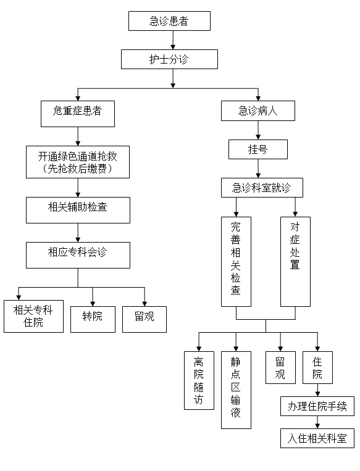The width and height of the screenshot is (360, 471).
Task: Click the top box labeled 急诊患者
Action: point(169,21)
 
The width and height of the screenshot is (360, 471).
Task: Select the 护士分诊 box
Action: point(169,59)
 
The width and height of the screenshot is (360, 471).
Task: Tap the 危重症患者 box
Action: point(78,114)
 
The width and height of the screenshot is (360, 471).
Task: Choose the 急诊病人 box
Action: point(258,111)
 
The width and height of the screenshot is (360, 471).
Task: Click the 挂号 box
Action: point(258,149)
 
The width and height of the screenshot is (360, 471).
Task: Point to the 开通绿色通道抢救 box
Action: point(78,162)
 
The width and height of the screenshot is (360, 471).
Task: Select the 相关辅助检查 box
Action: point(78,210)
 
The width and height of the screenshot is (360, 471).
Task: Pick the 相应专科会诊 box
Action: point(78,255)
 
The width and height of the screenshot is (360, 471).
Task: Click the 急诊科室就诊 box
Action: point(262,188)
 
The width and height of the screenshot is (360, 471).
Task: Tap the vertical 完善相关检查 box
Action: point(237,262)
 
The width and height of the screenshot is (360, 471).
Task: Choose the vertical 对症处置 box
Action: point(295,262)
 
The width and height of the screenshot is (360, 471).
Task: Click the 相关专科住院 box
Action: point(34,316)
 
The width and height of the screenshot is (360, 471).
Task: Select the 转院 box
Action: point(93,319)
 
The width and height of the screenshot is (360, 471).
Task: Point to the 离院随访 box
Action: point(199,381)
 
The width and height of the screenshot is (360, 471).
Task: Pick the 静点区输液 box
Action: point(237,390)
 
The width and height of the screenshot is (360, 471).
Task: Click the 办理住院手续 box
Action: point(317,406)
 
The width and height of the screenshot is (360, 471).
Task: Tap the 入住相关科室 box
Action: point(317,438)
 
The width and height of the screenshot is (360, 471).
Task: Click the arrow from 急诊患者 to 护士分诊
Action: point(173,40)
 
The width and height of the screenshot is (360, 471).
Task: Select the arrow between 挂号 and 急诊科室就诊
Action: point(258,169)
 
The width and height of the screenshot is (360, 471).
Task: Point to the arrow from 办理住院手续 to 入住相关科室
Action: point(317,422)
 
